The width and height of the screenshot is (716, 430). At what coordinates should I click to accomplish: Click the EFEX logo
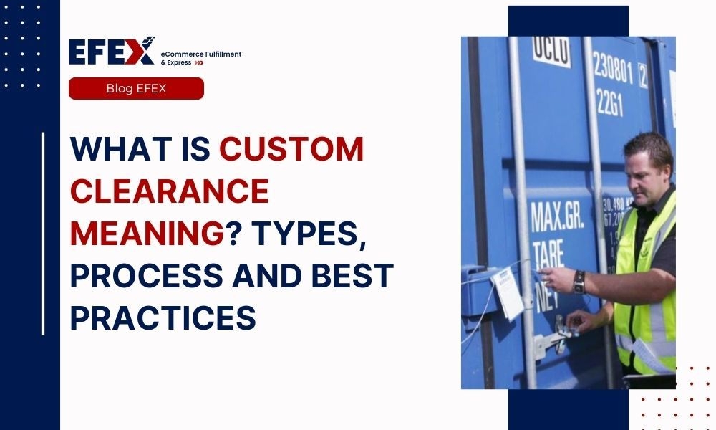(x=111, y=52)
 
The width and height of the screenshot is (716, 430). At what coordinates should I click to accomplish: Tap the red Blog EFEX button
(x=136, y=89)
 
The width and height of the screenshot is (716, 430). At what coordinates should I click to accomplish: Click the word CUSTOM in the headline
(x=291, y=149)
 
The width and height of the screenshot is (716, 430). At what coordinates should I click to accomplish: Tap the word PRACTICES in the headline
(x=163, y=318)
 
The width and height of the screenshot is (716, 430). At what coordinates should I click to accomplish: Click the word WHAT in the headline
(x=115, y=149)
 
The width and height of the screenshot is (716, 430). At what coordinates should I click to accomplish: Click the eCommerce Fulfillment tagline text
(x=201, y=54)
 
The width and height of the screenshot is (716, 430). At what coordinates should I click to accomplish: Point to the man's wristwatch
(x=579, y=282)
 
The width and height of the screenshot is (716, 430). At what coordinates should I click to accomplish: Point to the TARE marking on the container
(x=548, y=252)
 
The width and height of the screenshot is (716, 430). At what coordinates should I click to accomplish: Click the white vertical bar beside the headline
(x=43, y=233)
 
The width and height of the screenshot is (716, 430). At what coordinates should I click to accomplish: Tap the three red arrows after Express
(x=199, y=62)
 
